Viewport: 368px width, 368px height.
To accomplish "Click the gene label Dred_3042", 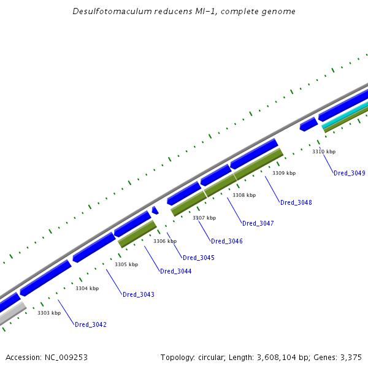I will tap(91, 324).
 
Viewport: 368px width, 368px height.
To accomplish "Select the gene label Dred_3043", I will tap(139, 294).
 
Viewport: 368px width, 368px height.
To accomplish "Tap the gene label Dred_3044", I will tap(175, 271).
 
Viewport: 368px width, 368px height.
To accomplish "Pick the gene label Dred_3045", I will tap(199, 258).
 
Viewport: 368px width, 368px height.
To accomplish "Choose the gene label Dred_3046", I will tap(227, 241).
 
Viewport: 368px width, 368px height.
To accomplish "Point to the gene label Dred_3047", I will tap(258, 223).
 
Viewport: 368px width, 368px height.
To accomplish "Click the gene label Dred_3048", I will tap(296, 202).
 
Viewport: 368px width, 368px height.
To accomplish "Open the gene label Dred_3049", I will tap(350, 173).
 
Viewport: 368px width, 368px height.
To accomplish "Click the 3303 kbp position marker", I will tap(49, 313).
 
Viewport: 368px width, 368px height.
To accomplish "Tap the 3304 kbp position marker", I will tap(87, 288).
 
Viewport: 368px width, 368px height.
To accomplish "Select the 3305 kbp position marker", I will tap(126, 264).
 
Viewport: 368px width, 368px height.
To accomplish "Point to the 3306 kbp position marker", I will tap(165, 241).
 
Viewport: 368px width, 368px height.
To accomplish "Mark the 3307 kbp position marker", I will tap(204, 218).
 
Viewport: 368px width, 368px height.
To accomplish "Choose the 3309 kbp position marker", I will tap(284, 173).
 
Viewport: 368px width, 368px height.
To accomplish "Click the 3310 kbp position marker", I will tap(324, 151).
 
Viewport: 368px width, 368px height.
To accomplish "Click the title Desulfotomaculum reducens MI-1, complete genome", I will tap(184, 12).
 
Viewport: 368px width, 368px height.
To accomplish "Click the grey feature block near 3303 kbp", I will tap(11, 313).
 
